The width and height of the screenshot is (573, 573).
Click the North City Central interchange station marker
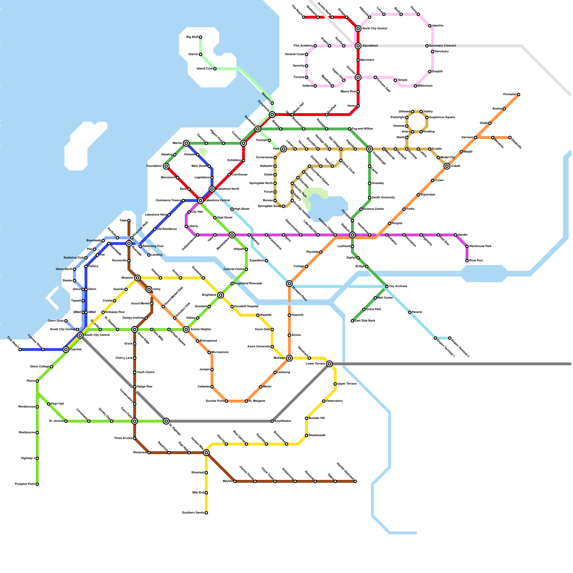coord(358,29)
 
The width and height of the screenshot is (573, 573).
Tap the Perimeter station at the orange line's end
coord(518,95)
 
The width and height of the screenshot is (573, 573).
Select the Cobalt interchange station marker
coord(447,166)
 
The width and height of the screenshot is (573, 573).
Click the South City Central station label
coord(97,335)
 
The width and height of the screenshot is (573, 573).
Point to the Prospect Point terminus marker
coord(37,484)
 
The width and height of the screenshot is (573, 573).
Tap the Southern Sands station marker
coord(206,513)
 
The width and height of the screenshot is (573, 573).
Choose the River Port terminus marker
coord(467,261)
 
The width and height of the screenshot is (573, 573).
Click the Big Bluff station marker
coord(201,37)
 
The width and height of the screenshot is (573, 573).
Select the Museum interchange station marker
coord(138,278)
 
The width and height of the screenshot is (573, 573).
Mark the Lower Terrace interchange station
coord(329,364)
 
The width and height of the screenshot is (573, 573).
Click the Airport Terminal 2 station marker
coord(450,338)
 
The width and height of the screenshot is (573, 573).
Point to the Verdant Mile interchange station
coord(206,453)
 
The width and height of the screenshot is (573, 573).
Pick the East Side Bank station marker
coord(352,321)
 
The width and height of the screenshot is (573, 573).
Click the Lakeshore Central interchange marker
coord(201,201)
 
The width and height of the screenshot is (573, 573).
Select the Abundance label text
coord(370,46)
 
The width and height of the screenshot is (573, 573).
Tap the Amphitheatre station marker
coord(272,421)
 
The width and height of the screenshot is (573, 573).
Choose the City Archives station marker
coord(387,286)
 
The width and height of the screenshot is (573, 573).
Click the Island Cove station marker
coord(215,69)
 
